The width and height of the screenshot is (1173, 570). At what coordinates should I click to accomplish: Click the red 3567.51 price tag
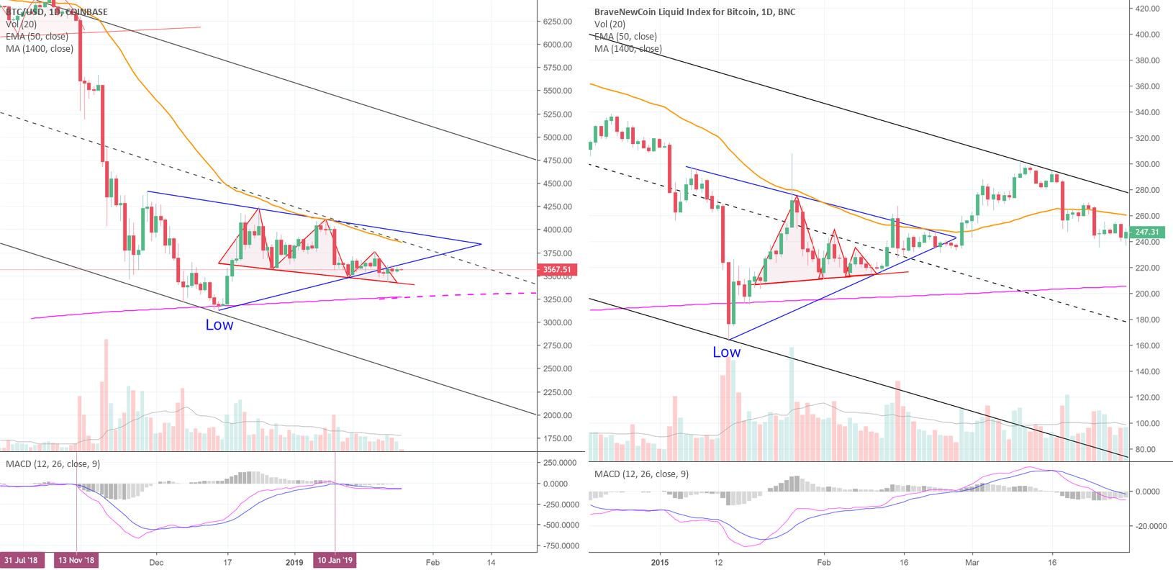pyautogui.click(x=556, y=270)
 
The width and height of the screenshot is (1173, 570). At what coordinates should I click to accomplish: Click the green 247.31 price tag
pyautogui.click(x=1147, y=232)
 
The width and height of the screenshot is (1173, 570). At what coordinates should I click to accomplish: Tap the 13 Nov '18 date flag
pyautogui.click(x=76, y=561)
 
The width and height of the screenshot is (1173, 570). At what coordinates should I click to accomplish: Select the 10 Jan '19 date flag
pyautogui.click(x=335, y=561)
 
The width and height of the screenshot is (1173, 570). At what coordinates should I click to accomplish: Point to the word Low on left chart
pyautogui.click(x=219, y=325)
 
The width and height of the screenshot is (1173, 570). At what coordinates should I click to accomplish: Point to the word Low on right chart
pyautogui.click(x=726, y=352)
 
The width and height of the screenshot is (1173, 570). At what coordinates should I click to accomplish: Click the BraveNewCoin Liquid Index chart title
pyautogui.click(x=694, y=12)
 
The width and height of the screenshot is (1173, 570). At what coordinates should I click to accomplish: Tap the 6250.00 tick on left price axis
pyautogui.click(x=558, y=22)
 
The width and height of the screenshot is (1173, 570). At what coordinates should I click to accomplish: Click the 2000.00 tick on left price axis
pyautogui.click(x=558, y=415)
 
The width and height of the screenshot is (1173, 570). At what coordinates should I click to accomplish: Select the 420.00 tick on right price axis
pyautogui.click(x=1148, y=9)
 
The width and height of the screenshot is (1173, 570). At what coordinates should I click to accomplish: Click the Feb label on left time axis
pyautogui.click(x=432, y=562)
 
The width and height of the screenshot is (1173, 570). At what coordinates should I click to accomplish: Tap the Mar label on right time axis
pyautogui.click(x=972, y=562)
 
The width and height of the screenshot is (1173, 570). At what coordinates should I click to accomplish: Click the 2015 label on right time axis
pyautogui.click(x=659, y=562)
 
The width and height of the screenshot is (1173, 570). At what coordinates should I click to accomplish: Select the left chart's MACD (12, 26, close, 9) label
pyautogui.click(x=53, y=463)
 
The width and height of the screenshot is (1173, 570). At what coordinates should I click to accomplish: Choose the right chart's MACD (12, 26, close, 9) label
pyautogui.click(x=641, y=474)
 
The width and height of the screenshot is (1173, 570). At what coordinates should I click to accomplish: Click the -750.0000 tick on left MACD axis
pyautogui.click(x=561, y=546)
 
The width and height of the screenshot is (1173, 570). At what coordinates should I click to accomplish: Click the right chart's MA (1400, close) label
pyautogui.click(x=628, y=49)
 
